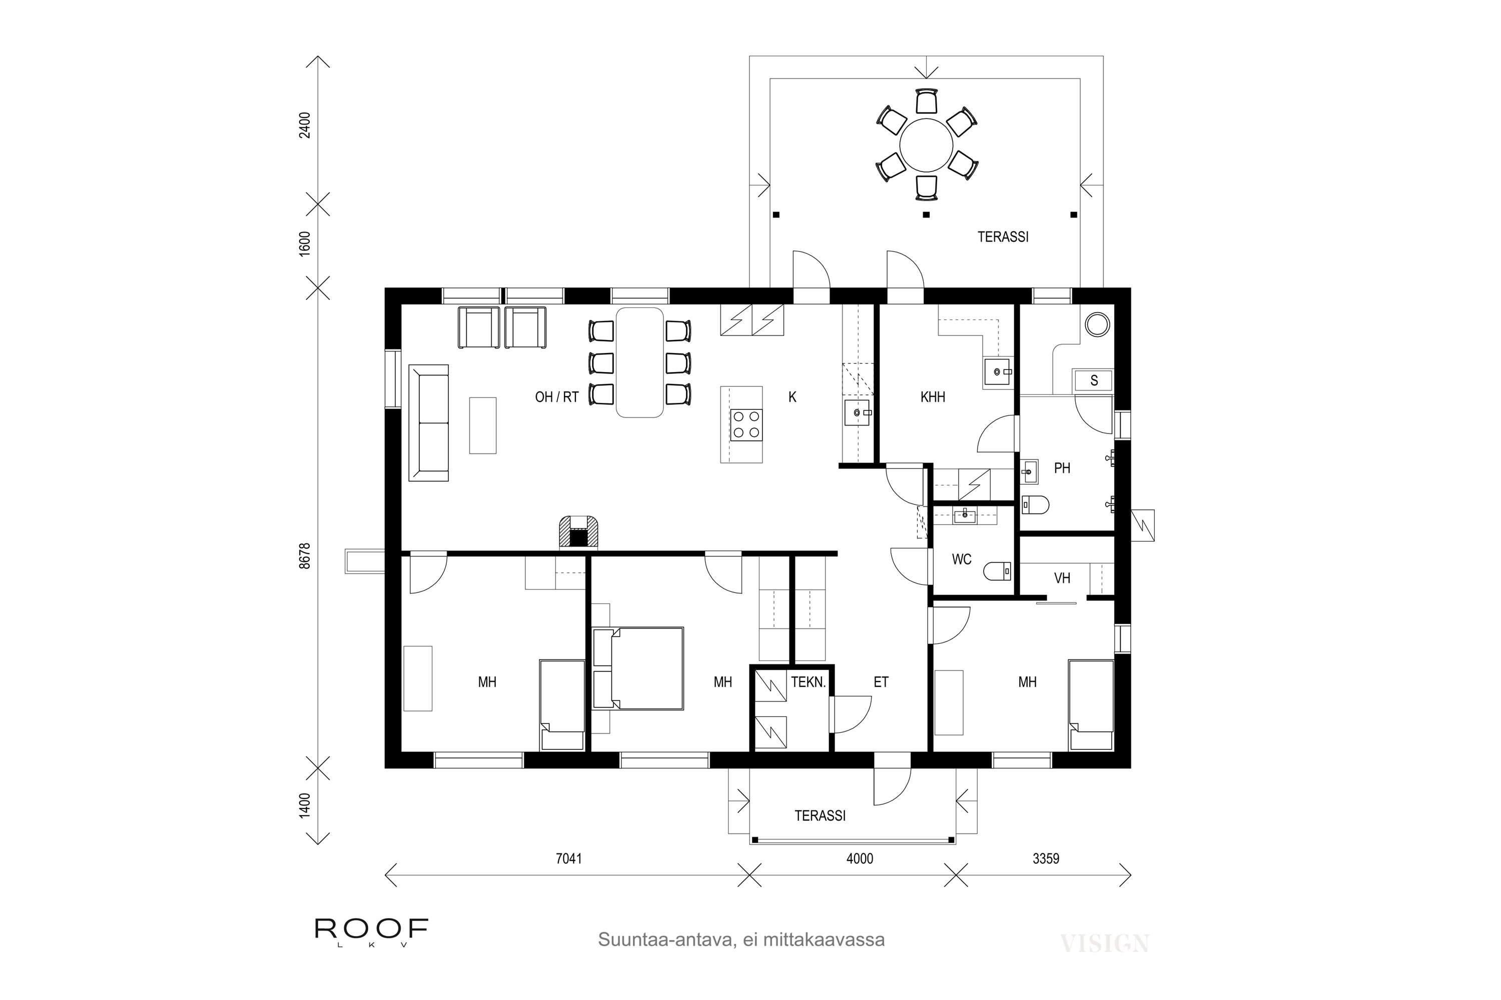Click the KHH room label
[x=933, y=397]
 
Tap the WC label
[x=961, y=559]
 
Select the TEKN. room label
[x=809, y=682]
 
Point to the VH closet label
[x=1062, y=578]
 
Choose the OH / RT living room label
[x=556, y=397]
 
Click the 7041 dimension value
[x=568, y=858]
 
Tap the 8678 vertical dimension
[x=305, y=555]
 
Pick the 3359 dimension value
[x=1046, y=858]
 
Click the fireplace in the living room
[x=579, y=532]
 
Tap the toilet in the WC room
[x=998, y=571]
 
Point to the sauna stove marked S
[x=1094, y=380]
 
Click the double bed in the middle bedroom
[x=638, y=668]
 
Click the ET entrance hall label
[x=881, y=682]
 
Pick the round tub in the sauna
[x=1098, y=324]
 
